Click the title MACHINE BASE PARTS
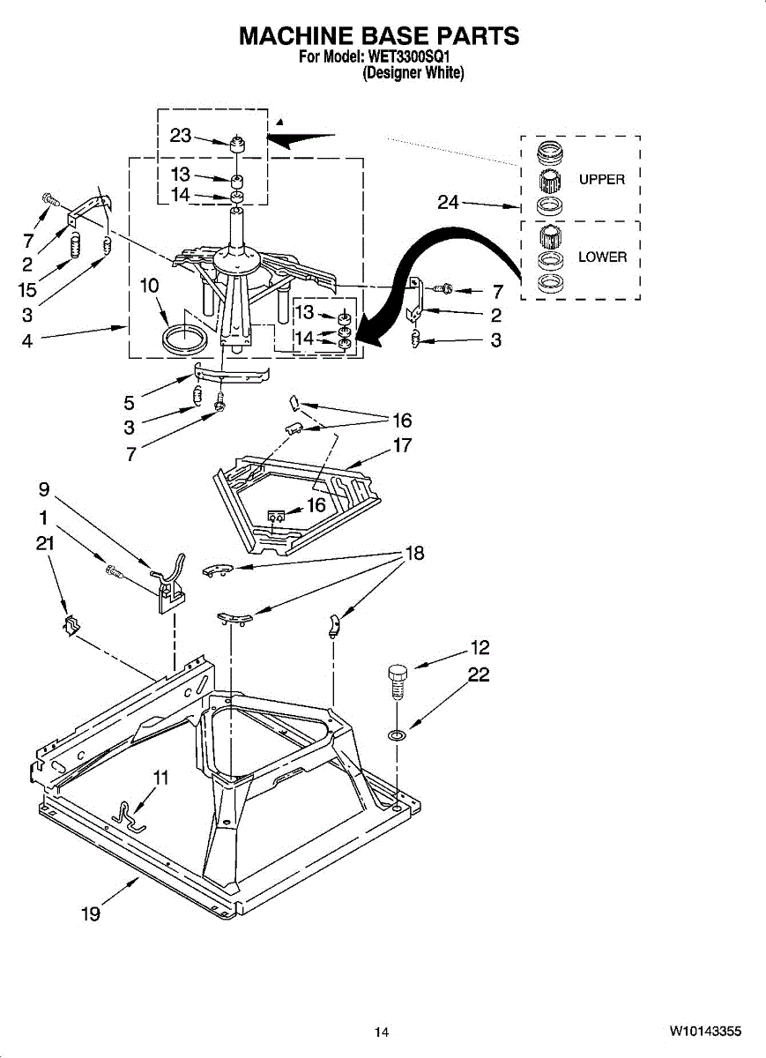[380, 36]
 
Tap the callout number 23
[181, 136]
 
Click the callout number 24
[450, 203]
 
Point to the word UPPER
[601, 180]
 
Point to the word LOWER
[602, 257]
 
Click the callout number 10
[149, 286]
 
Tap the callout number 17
[402, 445]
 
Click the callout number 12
[480, 649]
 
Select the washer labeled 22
[397, 734]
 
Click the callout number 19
[90, 914]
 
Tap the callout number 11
[160, 778]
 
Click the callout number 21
[45, 544]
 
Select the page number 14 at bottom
[381, 1032]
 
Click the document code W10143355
[705, 1031]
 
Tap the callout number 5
[130, 404]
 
